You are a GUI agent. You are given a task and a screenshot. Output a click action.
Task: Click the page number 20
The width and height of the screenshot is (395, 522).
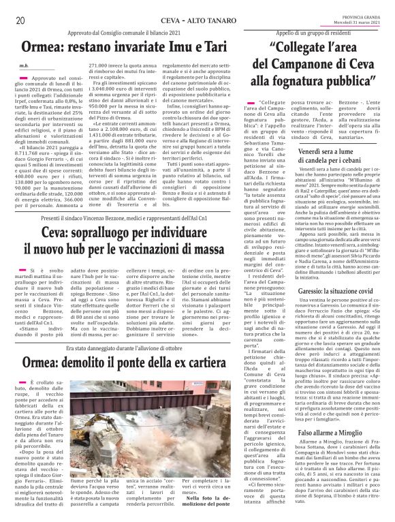[20, 20]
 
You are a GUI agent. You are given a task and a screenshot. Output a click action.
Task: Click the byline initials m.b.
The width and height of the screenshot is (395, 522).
[24, 65]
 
